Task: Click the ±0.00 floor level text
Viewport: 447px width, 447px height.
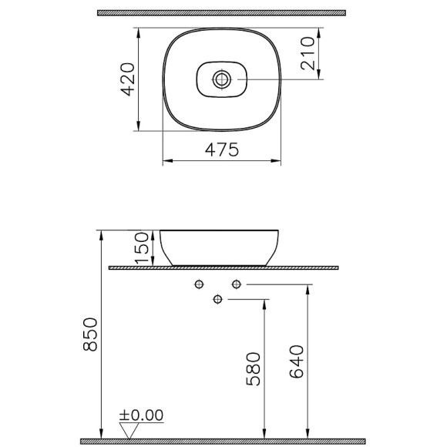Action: pyautogui.click(x=142, y=415)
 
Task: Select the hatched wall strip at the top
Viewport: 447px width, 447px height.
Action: pyautogui.click(x=223, y=13)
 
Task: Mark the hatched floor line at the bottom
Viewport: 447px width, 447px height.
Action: pyautogui.click(x=223, y=440)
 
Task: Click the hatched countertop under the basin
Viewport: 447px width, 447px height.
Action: pyautogui.click(x=223, y=267)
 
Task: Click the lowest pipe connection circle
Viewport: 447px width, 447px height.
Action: pyautogui.click(x=217, y=299)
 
